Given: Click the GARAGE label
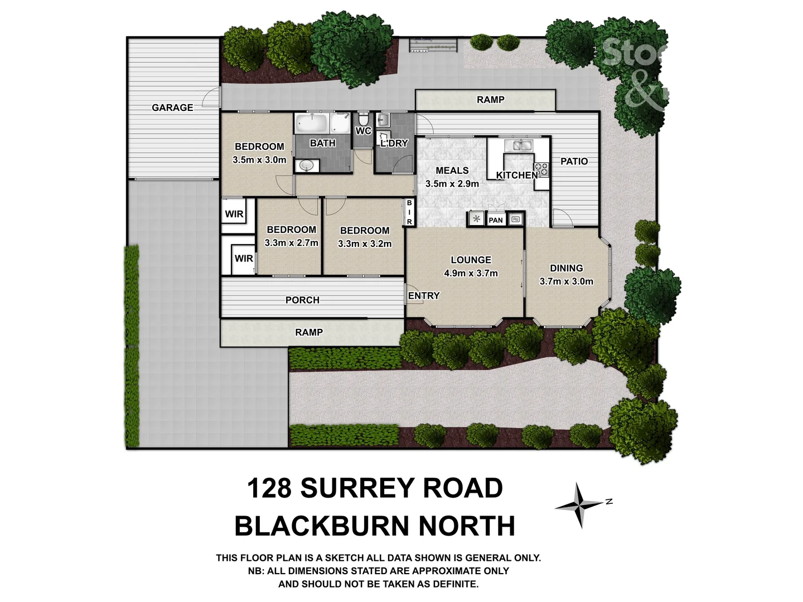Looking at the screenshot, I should tap(172, 108).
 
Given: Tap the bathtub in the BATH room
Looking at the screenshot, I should tap(312, 123).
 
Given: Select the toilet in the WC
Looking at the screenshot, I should tap(363, 119).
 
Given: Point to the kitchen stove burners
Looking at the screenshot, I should tap(541, 169).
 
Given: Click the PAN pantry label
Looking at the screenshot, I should tap(495, 220).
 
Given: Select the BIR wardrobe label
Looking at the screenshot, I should tap(409, 212).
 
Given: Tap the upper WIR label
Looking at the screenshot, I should tap(234, 214).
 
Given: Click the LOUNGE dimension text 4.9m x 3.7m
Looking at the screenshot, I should tap(471, 273).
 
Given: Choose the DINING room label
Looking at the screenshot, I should tap(566, 268).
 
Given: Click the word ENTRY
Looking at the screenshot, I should tap(424, 295).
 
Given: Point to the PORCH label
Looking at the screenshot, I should tap(302, 300).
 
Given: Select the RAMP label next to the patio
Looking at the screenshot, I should tap(490, 100).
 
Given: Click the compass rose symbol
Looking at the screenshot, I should tap(581, 505).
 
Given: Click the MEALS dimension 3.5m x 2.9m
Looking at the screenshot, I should tap(452, 183).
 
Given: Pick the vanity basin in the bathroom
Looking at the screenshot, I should tap(306, 166).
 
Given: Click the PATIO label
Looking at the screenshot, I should tap(574, 161).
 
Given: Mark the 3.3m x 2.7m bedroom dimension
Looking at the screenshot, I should tap(291, 242).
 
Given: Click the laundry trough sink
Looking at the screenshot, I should tap(384, 119).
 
